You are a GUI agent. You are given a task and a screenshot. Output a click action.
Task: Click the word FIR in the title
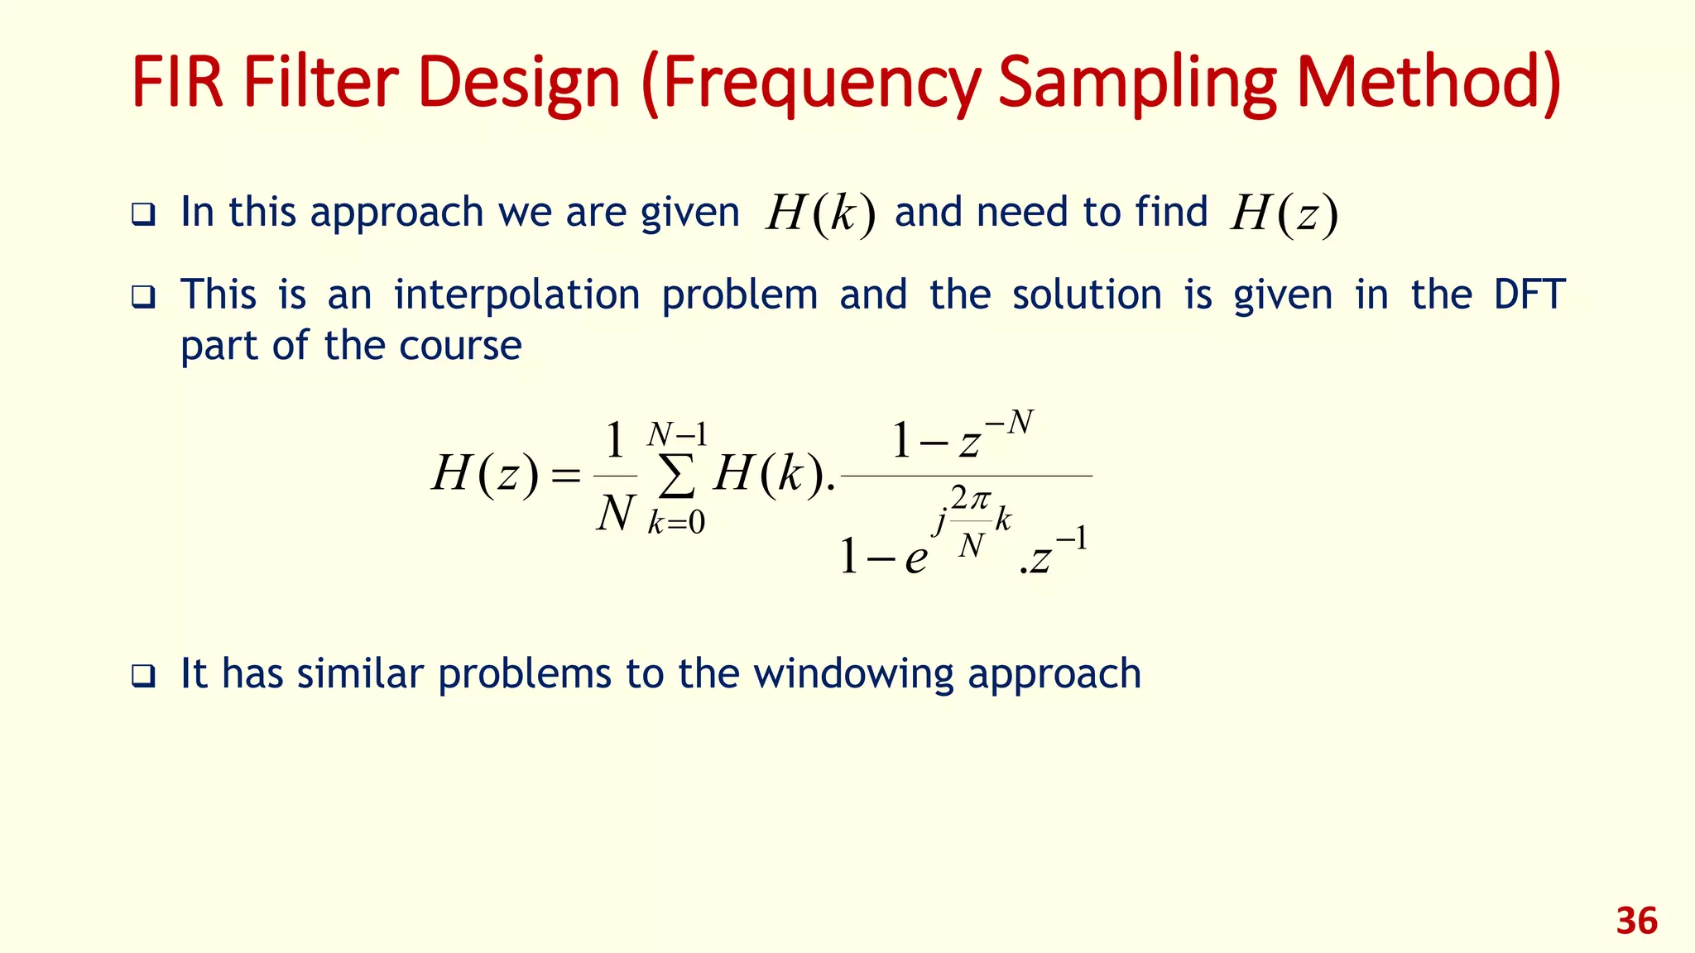[177, 83]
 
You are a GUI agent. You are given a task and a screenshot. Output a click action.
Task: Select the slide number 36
[1636, 921]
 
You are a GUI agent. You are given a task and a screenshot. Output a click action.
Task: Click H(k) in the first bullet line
[819, 214]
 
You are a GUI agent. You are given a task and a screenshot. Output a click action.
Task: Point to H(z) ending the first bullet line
[1284, 214]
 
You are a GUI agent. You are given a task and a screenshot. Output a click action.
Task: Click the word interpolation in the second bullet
[516, 295]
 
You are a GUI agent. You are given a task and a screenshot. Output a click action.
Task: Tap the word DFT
[1529, 295]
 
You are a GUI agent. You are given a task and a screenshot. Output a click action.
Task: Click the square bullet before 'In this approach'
[143, 216]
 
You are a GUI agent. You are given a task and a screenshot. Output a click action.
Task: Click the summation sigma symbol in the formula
[676, 477]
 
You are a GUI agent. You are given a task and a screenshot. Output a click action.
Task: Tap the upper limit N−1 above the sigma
[677, 434]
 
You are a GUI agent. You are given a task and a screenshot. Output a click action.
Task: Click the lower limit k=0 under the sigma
[676, 523]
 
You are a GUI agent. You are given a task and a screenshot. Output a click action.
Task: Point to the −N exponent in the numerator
[1010, 424]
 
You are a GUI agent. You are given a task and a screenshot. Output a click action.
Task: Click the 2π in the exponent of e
[970, 499]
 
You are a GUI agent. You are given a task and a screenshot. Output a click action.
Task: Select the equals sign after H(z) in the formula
[566, 476]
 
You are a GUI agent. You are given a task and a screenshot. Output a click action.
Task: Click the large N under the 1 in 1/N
[615, 514]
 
